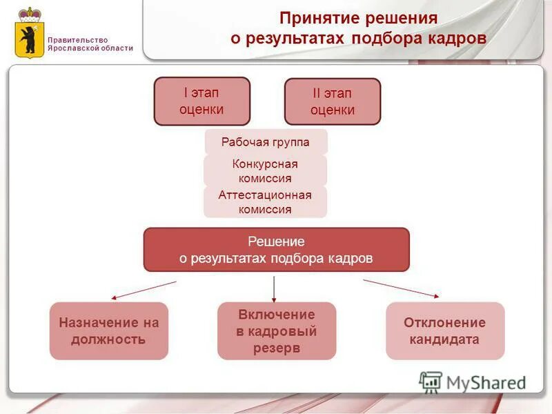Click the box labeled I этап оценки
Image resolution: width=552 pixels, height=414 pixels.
201,101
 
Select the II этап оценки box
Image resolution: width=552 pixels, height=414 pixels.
333,101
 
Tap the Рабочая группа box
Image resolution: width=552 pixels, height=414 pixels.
266,142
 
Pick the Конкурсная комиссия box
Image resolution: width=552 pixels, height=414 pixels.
265,171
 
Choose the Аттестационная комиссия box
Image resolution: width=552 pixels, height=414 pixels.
265,201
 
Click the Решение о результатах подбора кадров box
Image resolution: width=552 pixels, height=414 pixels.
276,250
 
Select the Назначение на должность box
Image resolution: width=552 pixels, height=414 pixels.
109,331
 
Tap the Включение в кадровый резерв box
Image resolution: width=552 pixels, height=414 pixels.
277,331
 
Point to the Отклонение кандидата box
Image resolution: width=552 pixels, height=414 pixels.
444,331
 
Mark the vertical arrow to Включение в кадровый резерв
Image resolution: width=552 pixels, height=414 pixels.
274,289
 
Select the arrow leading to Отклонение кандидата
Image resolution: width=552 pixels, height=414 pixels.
402,288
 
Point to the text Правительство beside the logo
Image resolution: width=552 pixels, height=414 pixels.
78,40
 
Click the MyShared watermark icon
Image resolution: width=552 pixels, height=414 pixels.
431,382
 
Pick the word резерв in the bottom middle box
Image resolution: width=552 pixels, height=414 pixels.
277,348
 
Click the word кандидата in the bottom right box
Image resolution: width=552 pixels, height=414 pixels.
444,339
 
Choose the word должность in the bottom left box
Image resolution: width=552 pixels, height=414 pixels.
109,339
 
